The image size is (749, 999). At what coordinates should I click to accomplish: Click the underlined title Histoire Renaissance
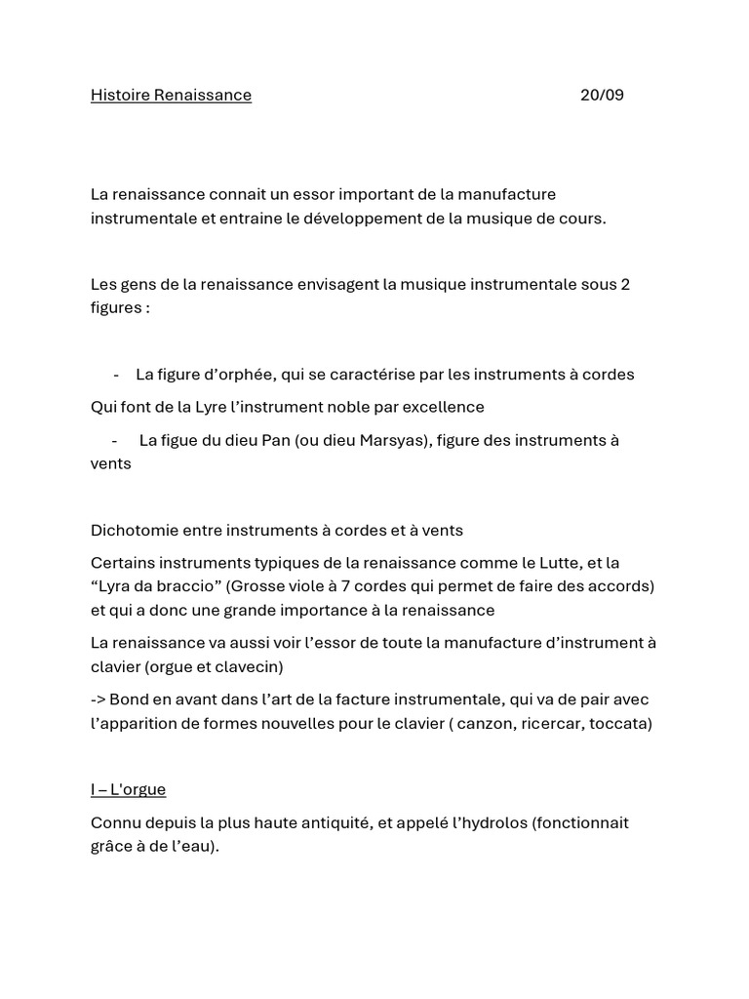(171, 95)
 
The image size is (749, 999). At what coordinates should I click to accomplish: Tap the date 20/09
(602, 95)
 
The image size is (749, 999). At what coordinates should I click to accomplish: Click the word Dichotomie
(134, 531)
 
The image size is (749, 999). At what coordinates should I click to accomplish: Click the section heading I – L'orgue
(128, 788)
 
